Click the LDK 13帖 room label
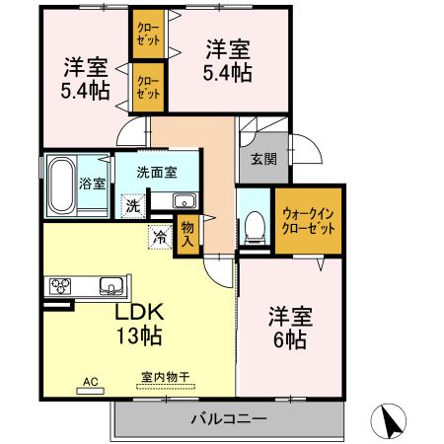[x=137, y=323]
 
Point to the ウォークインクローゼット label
[x=308, y=220]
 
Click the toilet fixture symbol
[x=254, y=226]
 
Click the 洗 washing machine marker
[x=132, y=206]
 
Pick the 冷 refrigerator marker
[x=159, y=237]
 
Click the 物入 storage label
[x=187, y=235]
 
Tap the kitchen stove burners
[x=60, y=288]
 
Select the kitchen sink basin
[x=111, y=288]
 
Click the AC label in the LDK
[x=90, y=380]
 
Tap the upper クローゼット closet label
[x=148, y=35]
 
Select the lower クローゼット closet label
[x=148, y=88]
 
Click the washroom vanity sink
[x=185, y=202]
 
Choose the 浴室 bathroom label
[x=92, y=183]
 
